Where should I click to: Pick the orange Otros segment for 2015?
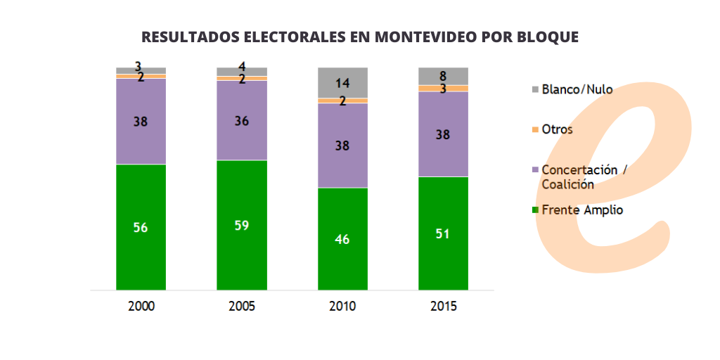coord(443,89)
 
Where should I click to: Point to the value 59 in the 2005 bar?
coord(242,226)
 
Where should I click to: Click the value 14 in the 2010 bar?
coord(342,82)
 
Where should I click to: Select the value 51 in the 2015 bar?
coord(443,233)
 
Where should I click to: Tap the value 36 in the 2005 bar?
coord(242,121)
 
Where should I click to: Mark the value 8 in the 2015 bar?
coord(443,76)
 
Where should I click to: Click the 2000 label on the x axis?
coord(141,307)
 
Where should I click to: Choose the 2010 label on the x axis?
coord(342,307)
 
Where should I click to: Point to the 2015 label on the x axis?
coord(443,307)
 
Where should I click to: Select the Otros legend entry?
coord(557,129)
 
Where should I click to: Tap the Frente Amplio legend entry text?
coord(582,210)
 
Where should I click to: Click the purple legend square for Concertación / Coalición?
coord(535,170)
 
